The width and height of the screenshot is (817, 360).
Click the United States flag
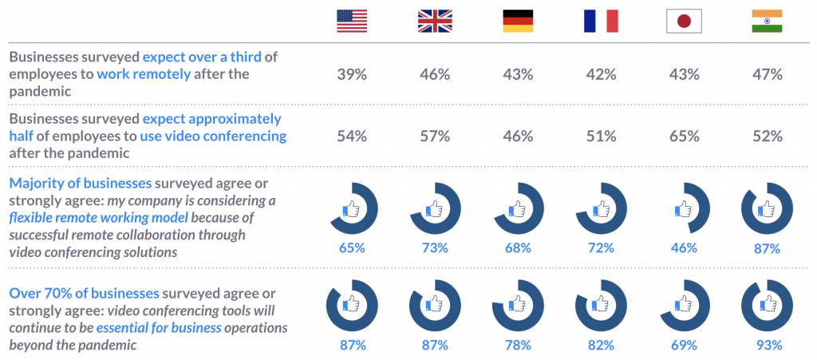pos(352,21)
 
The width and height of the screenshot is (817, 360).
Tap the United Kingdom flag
pos(435,21)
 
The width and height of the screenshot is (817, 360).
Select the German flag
pos(518,21)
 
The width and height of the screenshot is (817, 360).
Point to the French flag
pos(601,21)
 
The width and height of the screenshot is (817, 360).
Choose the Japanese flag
pos(684,21)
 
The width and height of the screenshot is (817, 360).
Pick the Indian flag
pos(767,21)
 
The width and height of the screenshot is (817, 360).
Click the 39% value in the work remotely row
pos(352,74)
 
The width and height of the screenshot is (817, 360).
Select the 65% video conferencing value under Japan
pos(684,136)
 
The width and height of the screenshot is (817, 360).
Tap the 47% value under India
pos(767,74)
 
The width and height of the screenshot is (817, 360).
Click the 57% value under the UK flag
pos(435,136)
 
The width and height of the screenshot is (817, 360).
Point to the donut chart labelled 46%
pos(684,209)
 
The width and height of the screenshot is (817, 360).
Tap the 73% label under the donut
pos(435,247)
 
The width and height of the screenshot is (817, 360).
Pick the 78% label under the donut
pos(518,345)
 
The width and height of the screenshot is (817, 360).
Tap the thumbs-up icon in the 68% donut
pos(515,210)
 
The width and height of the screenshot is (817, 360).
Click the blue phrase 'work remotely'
pos(144,74)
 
